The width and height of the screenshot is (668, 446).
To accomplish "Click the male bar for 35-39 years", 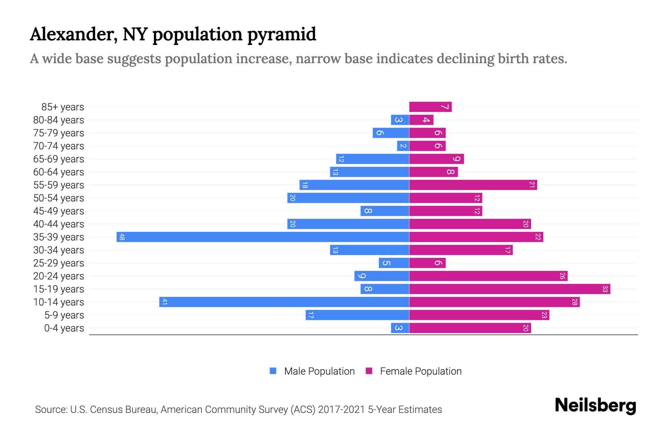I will point(263,237).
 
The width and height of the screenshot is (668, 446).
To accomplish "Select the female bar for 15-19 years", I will point(510,289).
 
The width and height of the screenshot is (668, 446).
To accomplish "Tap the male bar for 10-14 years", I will point(284,302).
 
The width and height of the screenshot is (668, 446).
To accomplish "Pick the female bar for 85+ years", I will point(430,107).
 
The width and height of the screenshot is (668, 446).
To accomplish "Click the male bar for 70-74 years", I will point(403,146).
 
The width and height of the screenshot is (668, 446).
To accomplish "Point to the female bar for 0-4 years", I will point(470,328).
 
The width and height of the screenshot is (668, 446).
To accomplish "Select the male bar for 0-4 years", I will point(400,328).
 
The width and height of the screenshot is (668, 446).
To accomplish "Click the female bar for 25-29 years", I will point(427,263).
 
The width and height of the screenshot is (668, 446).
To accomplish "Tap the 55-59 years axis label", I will point(59,185).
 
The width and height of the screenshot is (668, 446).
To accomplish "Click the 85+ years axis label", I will point(63,107).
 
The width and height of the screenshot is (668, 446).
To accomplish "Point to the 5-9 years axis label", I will point(64,315).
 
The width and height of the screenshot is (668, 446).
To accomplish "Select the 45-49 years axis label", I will point(59,211).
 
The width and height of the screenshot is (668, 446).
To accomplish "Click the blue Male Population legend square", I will point(273,371).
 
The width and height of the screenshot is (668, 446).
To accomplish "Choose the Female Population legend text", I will point(420,371).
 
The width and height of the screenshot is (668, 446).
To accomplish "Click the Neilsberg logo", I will point(595,405).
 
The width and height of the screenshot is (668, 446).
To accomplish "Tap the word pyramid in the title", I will point(282,35).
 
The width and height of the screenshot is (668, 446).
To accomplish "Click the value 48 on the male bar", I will point(122,237).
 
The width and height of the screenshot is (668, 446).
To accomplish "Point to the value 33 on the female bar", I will point(605,289).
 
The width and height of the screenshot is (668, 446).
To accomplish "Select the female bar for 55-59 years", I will point(473,185).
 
